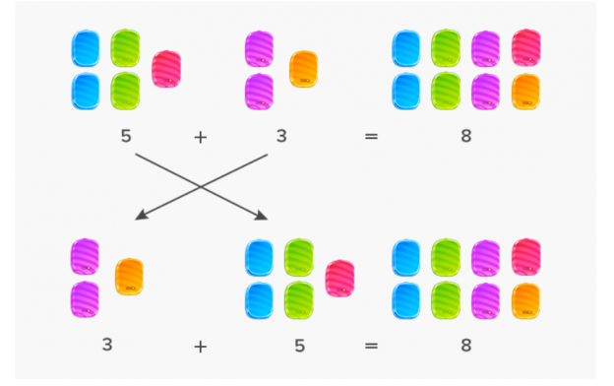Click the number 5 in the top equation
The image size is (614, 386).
(125, 136)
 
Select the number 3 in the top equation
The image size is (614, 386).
(281, 136)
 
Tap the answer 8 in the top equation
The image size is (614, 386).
(465, 136)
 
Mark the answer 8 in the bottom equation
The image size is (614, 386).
(465, 345)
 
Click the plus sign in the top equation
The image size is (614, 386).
(201, 137)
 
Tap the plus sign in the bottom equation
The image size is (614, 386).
(201, 346)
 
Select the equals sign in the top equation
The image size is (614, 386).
(370, 137)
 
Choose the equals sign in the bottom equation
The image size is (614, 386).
(370, 346)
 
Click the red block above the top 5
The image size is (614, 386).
(166, 69)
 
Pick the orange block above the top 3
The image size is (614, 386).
(303, 69)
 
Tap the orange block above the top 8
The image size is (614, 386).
(526, 91)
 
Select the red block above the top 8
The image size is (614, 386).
(526, 48)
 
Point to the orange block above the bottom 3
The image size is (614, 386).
(129, 277)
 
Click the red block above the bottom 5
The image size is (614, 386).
(339, 279)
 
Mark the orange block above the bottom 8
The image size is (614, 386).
(526, 299)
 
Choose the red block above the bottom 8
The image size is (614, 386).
(526, 257)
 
